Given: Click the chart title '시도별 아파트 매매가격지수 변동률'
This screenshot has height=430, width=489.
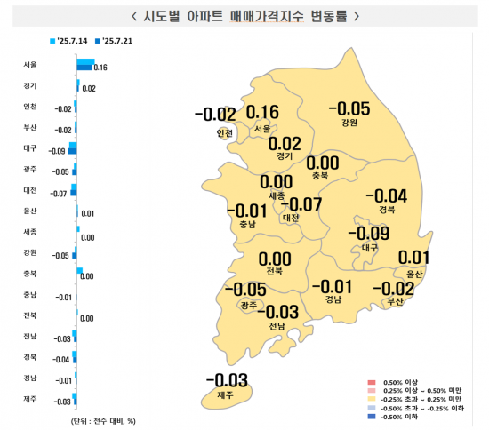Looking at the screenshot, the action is pos(244,15).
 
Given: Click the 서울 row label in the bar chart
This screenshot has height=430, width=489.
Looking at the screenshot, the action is pos(30,65).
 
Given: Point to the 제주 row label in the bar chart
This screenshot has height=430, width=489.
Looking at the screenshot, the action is pos(30,400).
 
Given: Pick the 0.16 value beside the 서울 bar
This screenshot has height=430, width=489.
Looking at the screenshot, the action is pos(100,68).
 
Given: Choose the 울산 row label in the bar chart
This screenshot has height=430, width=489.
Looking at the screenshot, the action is pos(30,211).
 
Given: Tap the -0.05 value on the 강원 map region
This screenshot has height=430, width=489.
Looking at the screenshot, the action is pos(349,109).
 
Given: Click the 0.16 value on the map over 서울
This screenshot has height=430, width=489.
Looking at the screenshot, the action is pos(262,113).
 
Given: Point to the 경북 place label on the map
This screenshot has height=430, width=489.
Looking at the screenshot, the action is pos(386,211).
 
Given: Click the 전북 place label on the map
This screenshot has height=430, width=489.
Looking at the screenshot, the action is pos(274,270).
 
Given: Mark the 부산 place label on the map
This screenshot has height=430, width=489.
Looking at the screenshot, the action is pos(395,302).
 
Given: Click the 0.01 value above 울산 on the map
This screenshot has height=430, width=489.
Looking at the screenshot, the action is pos(414,259).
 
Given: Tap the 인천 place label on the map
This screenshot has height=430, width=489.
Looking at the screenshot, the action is pos(224,134).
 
